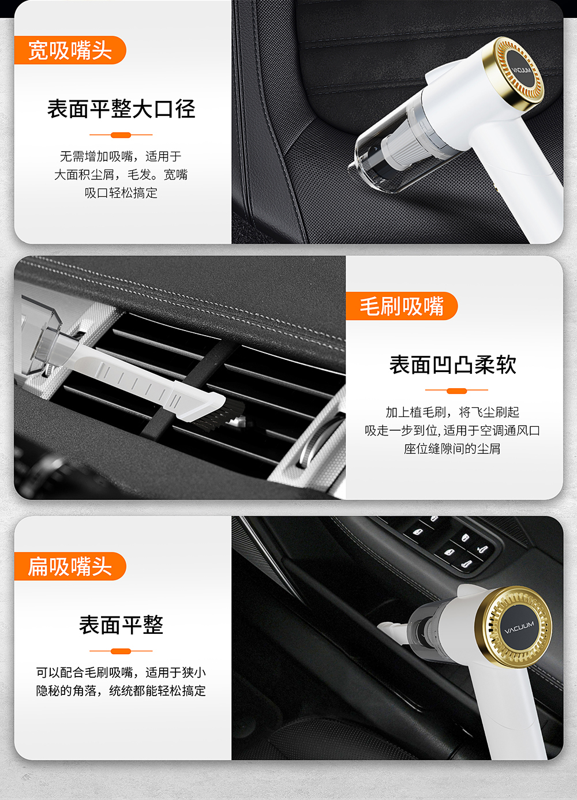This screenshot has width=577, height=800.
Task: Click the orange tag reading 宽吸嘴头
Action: [69, 50]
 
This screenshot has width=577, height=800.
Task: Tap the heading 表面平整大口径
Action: [121, 108]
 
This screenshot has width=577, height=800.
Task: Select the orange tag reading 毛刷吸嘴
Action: [401, 306]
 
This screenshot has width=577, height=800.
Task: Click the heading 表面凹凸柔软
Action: [452, 365]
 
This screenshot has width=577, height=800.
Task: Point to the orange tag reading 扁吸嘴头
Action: [69, 566]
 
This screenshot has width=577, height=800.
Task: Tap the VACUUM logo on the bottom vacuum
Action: [519, 627]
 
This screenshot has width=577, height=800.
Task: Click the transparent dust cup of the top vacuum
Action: [381, 153]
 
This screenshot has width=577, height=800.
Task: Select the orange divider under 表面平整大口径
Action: [121, 135]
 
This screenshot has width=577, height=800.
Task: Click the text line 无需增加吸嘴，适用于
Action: [121, 156]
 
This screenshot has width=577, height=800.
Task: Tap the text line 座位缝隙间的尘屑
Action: [452, 449]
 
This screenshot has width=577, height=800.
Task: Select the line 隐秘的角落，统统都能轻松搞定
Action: [121, 691]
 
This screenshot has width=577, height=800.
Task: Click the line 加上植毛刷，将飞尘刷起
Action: [452, 412]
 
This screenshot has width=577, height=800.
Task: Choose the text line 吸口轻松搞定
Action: [121, 193]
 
